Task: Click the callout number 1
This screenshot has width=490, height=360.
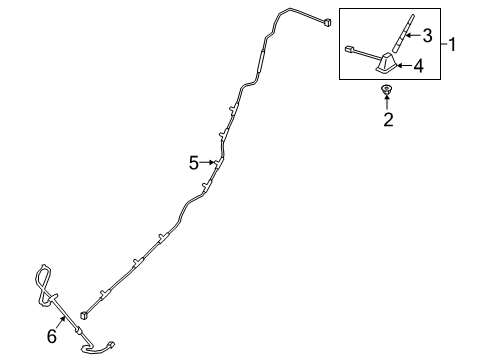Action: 453,45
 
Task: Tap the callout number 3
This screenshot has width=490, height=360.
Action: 427,37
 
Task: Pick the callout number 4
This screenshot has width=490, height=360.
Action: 420,66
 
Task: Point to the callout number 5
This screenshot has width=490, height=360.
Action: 194,162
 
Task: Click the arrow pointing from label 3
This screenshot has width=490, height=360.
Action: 413,37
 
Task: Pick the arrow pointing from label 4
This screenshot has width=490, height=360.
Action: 405,66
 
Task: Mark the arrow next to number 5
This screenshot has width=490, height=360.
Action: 209,162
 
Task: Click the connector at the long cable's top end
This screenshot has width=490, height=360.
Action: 325,22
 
